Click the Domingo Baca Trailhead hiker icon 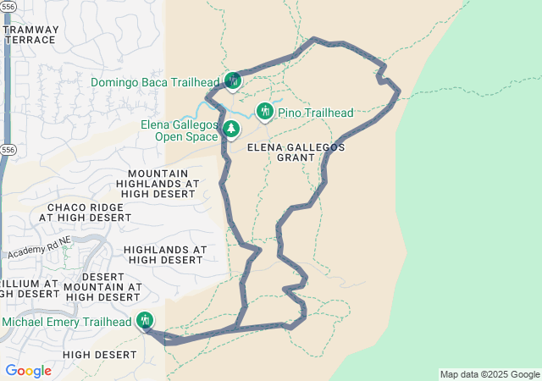point(232,80)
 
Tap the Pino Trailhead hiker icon point(264,111)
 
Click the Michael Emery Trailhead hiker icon point(145,320)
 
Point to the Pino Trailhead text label point(315,113)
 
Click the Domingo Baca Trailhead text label point(155,82)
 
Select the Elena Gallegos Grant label point(296,152)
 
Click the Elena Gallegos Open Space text point(179,130)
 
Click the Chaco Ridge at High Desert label point(89,213)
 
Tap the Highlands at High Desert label point(164,255)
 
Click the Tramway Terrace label point(31,34)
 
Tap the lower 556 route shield point(7,149)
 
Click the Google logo point(28,371)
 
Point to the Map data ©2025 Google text point(489,374)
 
